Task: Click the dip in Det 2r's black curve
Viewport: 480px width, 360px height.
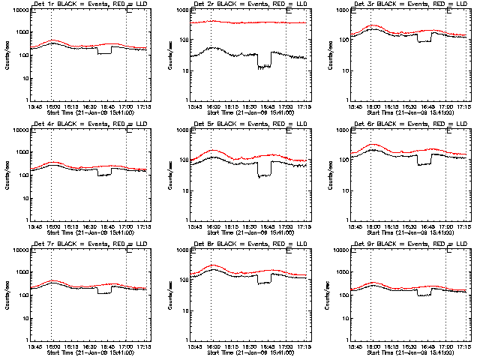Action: (263, 66)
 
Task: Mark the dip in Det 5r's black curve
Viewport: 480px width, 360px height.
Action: (263, 175)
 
